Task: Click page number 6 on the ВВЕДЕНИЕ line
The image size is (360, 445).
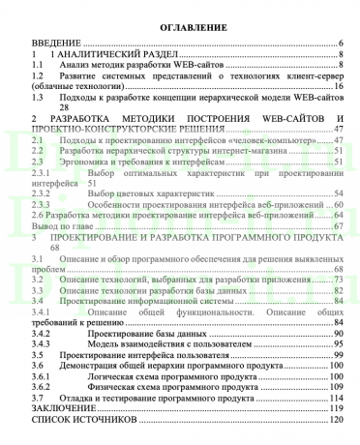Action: pos(342,44)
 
